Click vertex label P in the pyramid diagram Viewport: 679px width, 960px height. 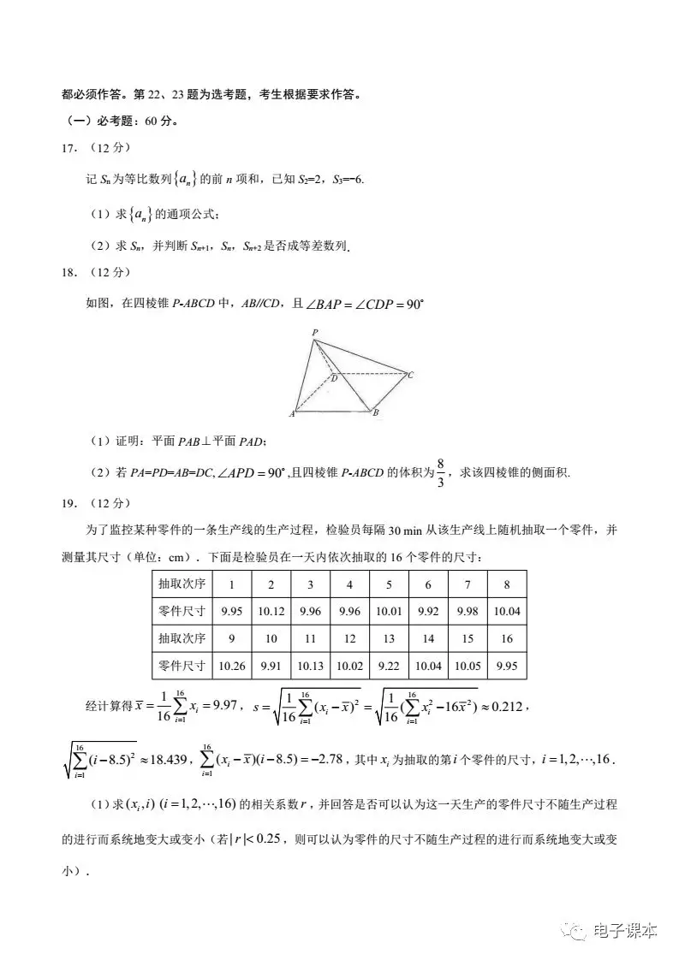point(315,333)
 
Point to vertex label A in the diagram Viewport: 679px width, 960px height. point(293,414)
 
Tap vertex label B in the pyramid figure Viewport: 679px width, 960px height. point(375,413)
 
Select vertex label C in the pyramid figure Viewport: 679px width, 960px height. point(411,375)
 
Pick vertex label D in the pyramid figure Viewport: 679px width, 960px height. point(333,377)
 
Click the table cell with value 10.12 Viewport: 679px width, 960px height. point(271,611)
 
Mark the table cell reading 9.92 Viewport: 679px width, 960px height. point(428,611)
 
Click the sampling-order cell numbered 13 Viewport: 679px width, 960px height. point(390,638)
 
